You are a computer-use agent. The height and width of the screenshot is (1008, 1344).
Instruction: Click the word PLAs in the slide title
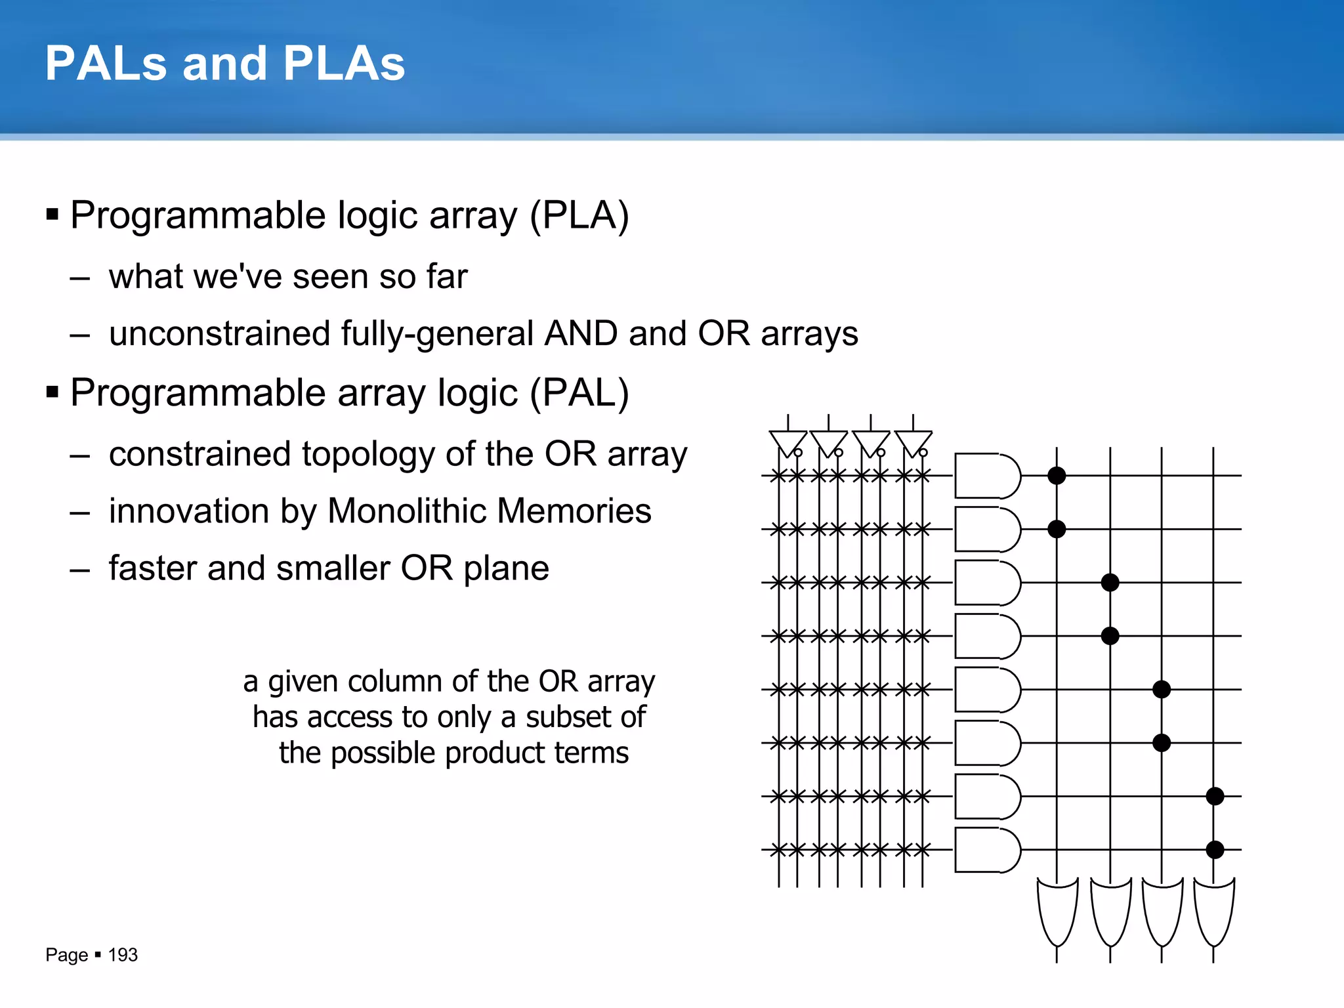coord(344,64)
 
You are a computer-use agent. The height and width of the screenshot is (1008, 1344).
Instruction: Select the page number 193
coord(123,955)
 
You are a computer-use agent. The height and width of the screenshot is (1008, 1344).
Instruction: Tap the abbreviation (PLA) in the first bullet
coord(579,216)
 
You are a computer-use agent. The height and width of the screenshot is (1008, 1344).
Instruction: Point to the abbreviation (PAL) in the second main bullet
coord(579,393)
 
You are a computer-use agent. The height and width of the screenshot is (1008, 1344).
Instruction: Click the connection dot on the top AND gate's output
coord(1057,476)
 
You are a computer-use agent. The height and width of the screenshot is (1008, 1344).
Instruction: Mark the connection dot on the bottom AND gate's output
coord(1215,850)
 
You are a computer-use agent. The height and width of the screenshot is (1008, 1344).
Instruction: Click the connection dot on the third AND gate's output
coord(1110,582)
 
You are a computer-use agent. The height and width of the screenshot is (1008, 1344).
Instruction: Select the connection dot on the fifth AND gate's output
coord(1162,689)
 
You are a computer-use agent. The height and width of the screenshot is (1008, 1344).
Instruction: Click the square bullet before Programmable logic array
coord(53,214)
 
